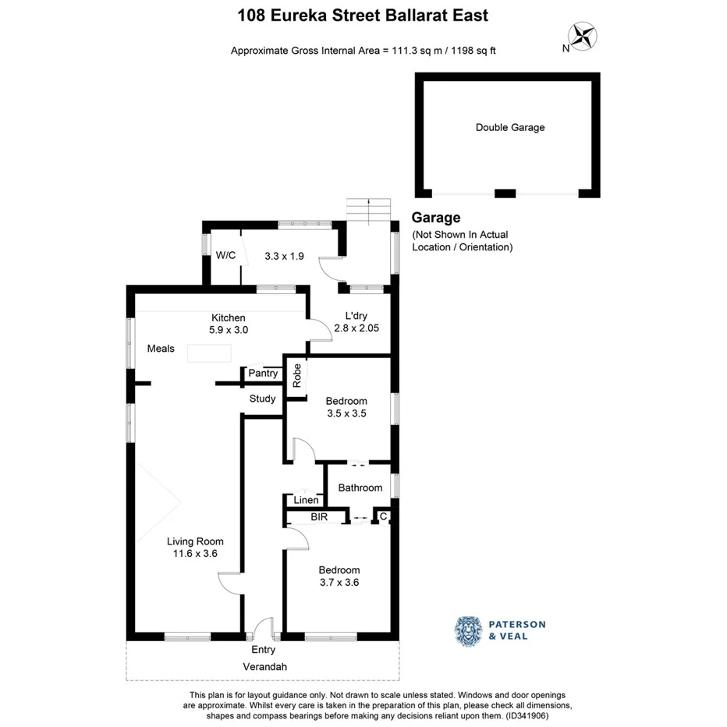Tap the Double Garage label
pos(510,127)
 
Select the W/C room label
pos(226,255)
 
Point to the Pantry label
pos(263,374)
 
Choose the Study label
pos(262,399)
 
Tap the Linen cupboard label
pos(305,501)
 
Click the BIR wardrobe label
pos(318,517)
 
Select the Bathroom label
pos(360,488)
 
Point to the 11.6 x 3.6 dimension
pos(195,554)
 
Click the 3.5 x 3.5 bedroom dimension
pos(347,413)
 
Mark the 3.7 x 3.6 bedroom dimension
pos(339,582)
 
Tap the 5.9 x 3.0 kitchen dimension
pos(228,330)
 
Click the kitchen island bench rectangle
pos(209,353)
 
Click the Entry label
pos(263,650)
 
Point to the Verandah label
pos(263,667)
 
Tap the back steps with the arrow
pos(368,209)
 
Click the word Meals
pos(161,349)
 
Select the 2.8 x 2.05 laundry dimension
pos(356,328)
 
